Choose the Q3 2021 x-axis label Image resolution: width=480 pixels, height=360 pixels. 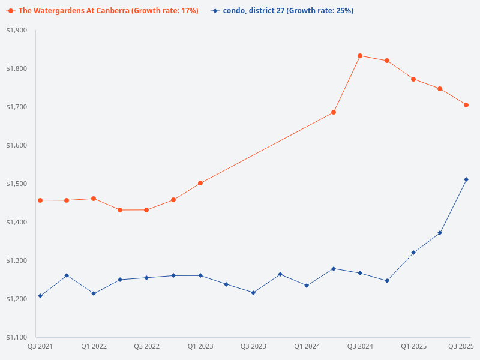coord(40,346)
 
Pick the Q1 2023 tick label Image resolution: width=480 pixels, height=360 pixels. coord(200,346)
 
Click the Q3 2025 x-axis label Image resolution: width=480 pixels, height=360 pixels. coord(461,346)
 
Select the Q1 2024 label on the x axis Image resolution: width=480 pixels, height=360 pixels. coord(307,346)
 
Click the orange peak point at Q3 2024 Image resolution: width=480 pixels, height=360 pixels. coord(360,56)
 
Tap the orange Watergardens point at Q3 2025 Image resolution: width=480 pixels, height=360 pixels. coord(466,105)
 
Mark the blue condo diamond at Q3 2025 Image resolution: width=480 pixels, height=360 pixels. coord(466,179)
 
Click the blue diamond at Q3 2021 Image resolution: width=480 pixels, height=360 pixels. coord(40,296)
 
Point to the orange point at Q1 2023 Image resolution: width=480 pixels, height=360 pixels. coord(200,183)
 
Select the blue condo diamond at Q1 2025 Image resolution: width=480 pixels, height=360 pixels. coord(413,253)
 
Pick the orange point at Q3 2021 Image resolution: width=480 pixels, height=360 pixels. coord(40,200)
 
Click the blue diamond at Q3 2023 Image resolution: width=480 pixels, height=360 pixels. coord(253,293)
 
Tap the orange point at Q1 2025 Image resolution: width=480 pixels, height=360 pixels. coord(413,79)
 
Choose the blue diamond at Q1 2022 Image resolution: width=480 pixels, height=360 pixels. coord(94,293)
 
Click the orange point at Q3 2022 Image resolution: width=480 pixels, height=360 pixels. coord(146,210)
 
